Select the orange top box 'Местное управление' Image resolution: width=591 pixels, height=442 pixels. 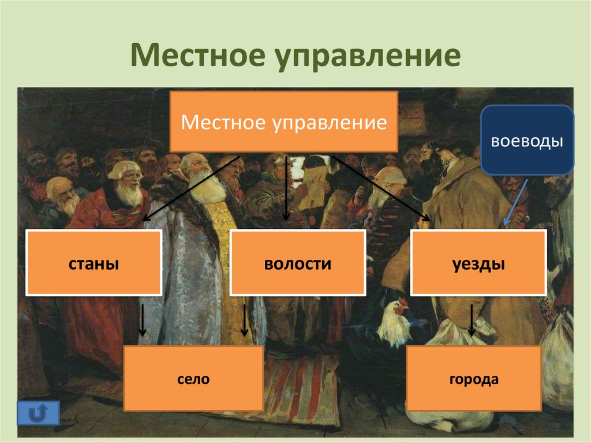(x=283, y=122)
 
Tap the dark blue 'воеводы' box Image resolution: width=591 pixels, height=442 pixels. (x=527, y=140)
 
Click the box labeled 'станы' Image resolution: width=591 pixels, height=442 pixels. (x=93, y=263)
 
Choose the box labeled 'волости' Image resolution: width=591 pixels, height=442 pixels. (x=298, y=263)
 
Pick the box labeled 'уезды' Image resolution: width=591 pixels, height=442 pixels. (x=478, y=263)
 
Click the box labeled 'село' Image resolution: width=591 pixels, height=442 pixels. (x=193, y=379)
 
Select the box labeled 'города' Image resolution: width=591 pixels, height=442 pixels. (x=473, y=379)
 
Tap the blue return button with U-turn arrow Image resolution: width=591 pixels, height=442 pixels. (x=38, y=412)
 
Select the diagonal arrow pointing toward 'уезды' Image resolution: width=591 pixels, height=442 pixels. (x=381, y=187)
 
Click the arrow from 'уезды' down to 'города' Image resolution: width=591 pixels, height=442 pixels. (x=472, y=320)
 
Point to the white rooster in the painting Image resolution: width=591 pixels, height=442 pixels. (x=394, y=323)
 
